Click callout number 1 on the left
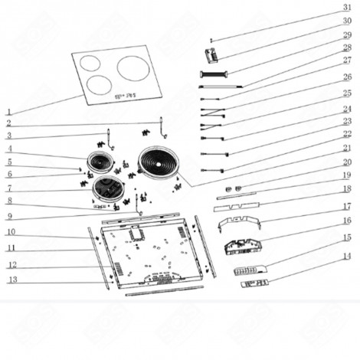click(8, 112)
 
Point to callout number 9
click(8, 216)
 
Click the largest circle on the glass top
click(134, 68)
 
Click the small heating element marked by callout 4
click(99, 162)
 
